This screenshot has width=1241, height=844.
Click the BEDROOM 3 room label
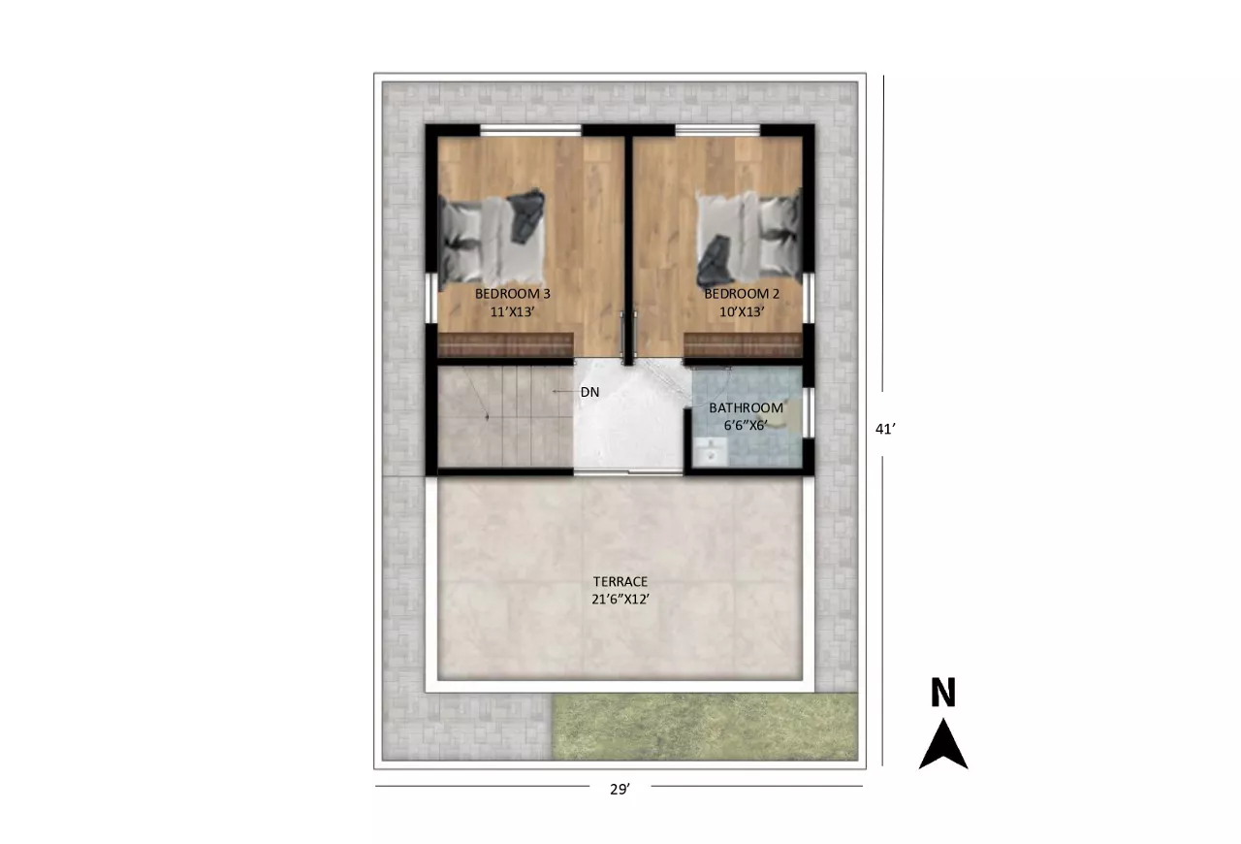(513, 293)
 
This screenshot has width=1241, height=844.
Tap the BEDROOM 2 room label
(742, 293)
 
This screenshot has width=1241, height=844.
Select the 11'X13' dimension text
(512, 311)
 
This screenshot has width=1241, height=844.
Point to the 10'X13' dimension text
(742, 311)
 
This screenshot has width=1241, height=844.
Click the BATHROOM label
(747, 407)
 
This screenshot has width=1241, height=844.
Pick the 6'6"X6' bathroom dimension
(746, 425)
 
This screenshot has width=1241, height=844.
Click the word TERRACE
(620, 582)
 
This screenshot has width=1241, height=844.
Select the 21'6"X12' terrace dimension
(620, 600)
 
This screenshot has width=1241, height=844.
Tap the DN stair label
(590, 392)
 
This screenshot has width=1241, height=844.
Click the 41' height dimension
(885, 429)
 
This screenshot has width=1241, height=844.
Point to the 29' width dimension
(620, 789)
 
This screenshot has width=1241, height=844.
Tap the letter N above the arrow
(943, 692)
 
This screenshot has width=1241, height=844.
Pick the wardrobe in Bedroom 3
(505, 345)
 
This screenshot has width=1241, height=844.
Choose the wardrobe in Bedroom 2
(743, 345)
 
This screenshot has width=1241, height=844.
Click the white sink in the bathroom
(709, 451)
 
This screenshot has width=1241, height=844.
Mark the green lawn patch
(705, 727)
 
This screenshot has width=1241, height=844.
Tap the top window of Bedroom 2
(717, 130)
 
